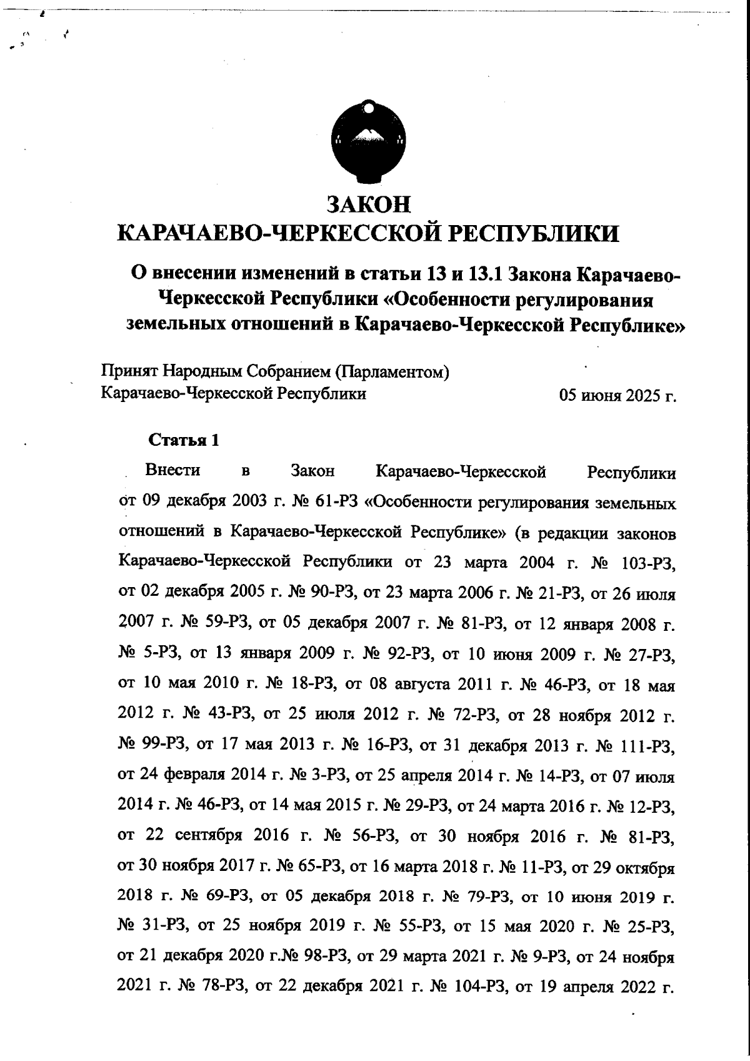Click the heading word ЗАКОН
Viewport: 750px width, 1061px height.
click(x=369, y=204)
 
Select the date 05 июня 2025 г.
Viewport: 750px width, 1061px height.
click(x=618, y=397)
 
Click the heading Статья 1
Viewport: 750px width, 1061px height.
click(x=184, y=440)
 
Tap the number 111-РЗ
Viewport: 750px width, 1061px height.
click(x=648, y=746)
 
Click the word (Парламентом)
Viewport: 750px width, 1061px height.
click(x=393, y=372)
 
